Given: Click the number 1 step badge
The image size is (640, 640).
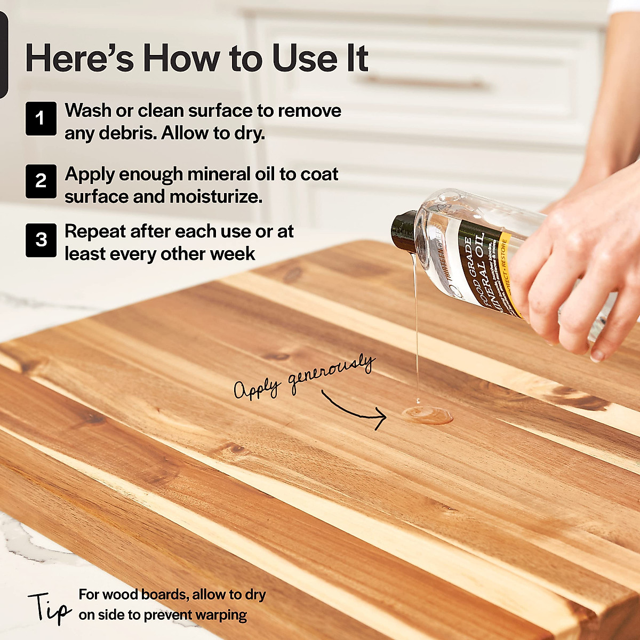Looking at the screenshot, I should [x=41, y=118].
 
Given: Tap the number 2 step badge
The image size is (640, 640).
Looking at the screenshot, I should [x=41, y=181].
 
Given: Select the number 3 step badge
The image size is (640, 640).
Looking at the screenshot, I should [x=41, y=240].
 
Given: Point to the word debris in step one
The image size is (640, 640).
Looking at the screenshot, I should [x=126, y=133].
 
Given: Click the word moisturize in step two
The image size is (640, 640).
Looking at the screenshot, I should [x=215, y=197].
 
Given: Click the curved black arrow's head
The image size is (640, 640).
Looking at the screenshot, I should [x=381, y=417].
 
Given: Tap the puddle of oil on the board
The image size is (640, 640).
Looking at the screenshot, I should [x=427, y=414].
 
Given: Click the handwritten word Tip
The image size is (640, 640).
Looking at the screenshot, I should [x=49, y=608].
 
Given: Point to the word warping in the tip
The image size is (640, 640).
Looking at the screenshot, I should [x=221, y=615].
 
